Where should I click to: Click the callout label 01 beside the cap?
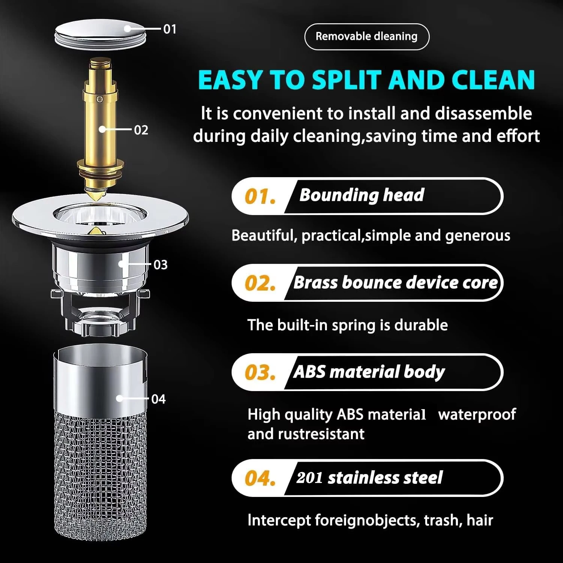click(x=170, y=29)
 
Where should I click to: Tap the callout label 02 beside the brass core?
click(x=141, y=130)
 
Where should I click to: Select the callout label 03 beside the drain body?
click(x=160, y=265)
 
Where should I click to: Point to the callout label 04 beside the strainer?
click(x=158, y=399)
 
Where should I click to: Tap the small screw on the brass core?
click(x=99, y=99)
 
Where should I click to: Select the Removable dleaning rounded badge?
click(x=366, y=36)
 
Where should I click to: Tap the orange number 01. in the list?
click(x=260, y=197)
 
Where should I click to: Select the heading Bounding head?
click(x=361, y=195)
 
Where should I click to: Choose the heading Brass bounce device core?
click(x=396, y=283)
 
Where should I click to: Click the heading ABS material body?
click(x=369, y=372)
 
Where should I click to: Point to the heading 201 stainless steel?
click(x=369, y=478)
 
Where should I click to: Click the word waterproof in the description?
click(x=477, y=415)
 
